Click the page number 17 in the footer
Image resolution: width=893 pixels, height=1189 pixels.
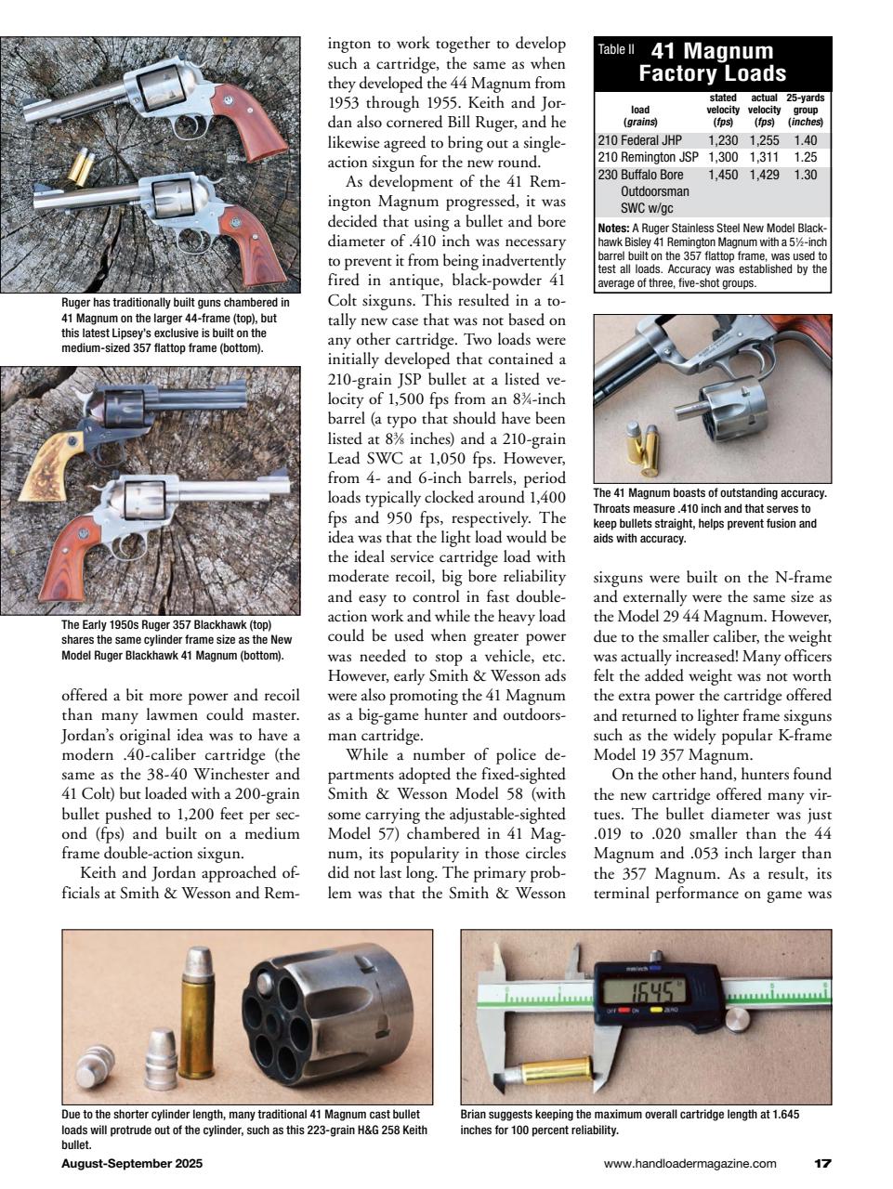822,1163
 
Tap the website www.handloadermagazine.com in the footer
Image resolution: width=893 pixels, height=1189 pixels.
689,1163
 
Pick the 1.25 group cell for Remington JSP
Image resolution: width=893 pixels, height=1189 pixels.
805,158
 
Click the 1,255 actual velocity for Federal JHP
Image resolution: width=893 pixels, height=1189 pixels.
764,141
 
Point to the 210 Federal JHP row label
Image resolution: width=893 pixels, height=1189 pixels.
639,141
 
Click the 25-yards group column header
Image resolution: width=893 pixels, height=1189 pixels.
805,110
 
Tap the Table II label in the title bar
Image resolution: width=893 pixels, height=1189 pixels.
616,50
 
